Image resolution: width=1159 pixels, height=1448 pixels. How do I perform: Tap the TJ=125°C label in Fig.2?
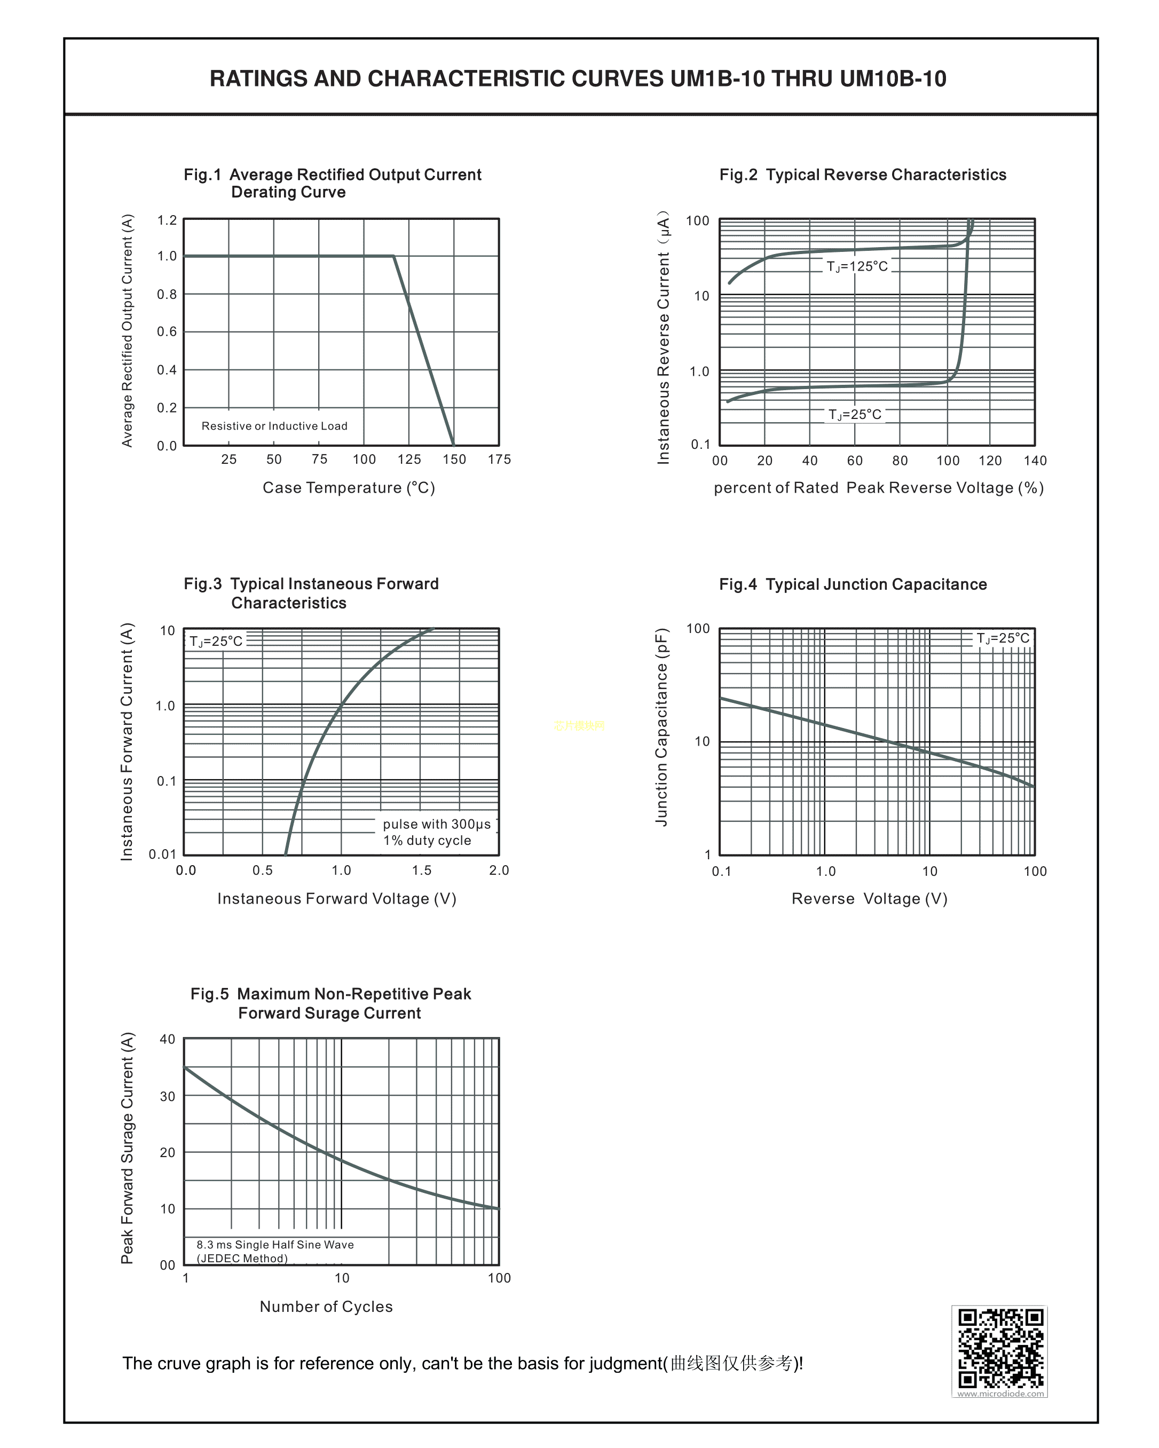coord(857,267)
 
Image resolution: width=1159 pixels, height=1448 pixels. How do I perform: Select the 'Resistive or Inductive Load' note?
coord(274,426)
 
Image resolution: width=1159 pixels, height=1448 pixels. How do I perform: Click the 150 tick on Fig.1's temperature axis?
coord(454,460)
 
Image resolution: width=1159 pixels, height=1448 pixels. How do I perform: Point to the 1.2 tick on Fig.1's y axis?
coord(167,220)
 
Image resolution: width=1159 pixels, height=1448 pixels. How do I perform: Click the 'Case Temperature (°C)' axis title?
coord(349,488)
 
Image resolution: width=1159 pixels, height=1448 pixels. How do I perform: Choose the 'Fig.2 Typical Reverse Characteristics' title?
coord(863,175)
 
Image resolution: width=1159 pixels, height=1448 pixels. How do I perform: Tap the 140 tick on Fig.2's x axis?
coord(1035,461)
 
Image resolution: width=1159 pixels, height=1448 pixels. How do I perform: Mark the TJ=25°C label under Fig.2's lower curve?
coord(855,414)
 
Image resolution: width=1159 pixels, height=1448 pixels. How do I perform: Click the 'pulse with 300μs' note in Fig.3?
coord(437,824)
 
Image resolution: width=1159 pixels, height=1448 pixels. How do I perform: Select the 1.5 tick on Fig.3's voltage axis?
coord(421,871)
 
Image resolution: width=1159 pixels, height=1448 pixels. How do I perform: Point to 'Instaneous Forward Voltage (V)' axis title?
coord(337,899)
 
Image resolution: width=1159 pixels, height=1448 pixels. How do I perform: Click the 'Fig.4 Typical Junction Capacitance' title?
coord(853,584)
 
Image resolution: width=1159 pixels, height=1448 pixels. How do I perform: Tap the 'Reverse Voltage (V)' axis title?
coord(870,899)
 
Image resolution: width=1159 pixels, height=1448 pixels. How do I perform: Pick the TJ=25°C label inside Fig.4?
coord(1003,638)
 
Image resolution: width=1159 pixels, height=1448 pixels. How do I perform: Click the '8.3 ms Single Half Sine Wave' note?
coord(275,1245)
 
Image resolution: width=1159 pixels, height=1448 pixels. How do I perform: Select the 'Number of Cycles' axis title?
coord(326,1306)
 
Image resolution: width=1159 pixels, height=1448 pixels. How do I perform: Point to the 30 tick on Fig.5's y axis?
coord(167,1096)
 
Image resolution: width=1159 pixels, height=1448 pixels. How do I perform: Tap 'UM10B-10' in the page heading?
coord(893,78)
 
